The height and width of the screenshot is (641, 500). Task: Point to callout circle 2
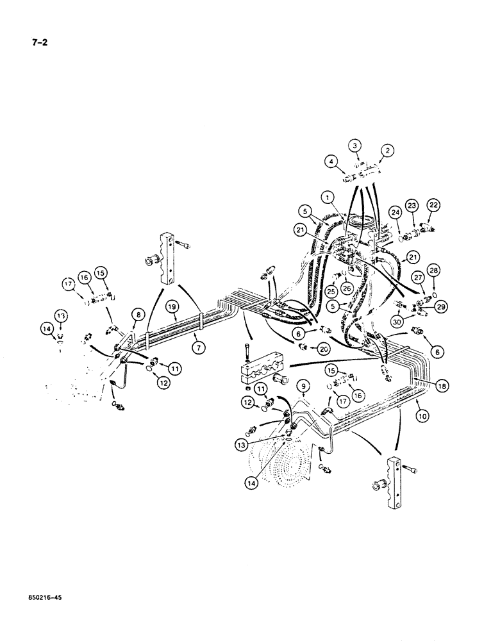click(387, 150)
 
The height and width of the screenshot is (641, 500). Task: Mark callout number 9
click(304, 386)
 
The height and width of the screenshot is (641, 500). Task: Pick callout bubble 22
click(434, 204)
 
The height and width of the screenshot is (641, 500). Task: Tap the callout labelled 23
click(413, 206)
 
